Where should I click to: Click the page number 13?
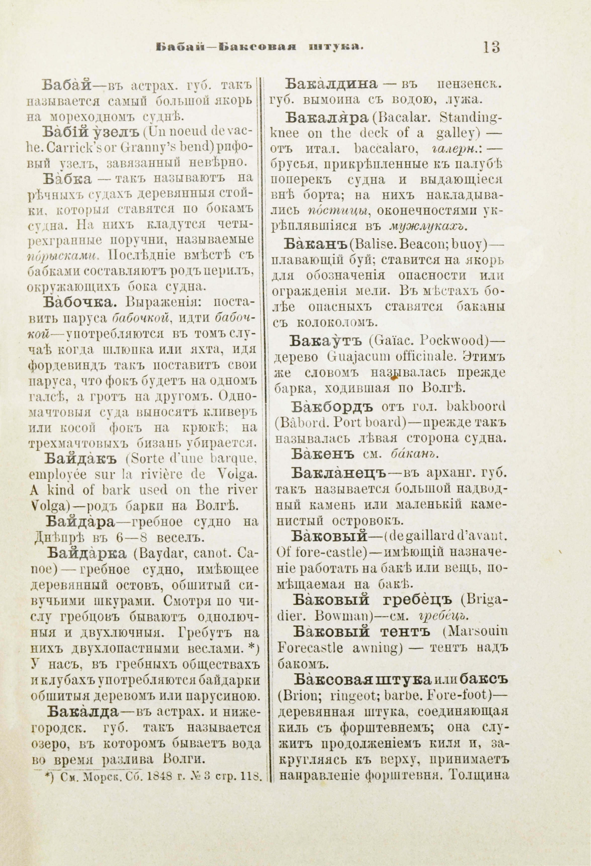[491, 48]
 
